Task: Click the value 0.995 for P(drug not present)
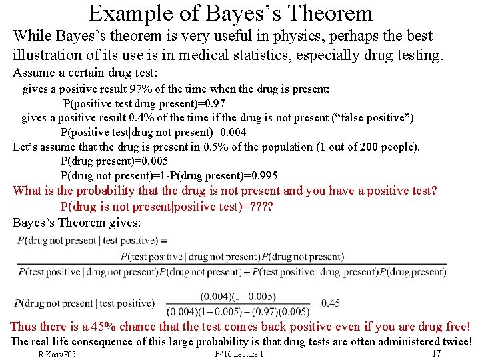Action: [259, 176]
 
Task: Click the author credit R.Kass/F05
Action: [57, 354]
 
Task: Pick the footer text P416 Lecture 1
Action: [239, 354]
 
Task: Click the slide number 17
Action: [437, 353]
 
